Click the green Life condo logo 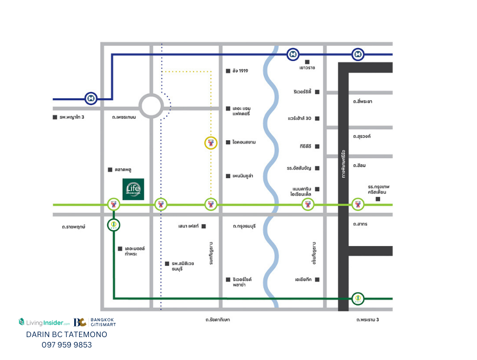(x=133, y=189)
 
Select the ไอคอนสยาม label (x=244, y=142)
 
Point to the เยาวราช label (x=307, y=68)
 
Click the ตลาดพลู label (x=124, y=170)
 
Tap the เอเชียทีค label (x=303, y=280)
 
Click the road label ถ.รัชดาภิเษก (x=218, y=320)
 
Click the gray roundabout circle (x=151, y=105)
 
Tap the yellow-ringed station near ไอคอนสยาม (x=211, y=143)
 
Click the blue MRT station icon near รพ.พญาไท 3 (x=91, y=99)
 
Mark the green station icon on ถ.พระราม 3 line (x=358, y=298)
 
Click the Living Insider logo (x=44, y=322)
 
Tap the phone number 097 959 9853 (x=67, y=345)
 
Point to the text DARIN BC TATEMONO (x=67, y=334)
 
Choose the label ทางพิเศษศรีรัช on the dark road (x=343, y=163)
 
